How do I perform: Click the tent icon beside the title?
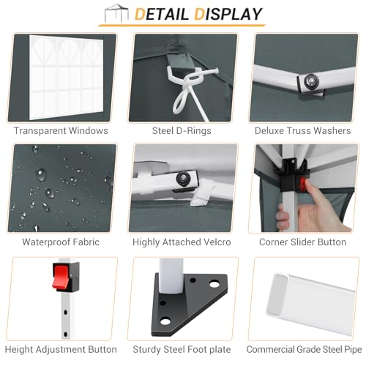tap(116, 13)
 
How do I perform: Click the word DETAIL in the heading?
tap(162, 14)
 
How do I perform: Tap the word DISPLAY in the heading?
tap(228, 14)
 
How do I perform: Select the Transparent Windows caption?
tap(61, 131)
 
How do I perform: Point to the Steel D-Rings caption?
tap(182, 131)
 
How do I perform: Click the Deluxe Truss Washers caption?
tap(303, 131)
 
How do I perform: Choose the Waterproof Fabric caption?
tap(61, 242)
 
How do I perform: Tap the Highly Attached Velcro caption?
tap(182, 242)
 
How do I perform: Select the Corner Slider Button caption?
tap(303, 242)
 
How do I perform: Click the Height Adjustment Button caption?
tap(61, 349)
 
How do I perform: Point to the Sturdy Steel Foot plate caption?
tap(182, 349)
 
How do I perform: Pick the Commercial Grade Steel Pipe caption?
tap(304, 349)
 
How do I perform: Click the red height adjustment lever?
tap(61, 277)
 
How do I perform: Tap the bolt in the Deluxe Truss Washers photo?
tap(311, 81)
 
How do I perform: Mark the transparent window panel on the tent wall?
tap(66, 78)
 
